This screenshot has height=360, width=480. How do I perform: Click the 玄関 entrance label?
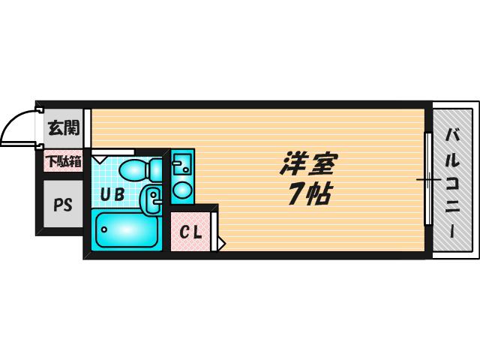point(64,128)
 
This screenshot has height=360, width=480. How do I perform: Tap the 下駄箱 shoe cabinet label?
point(64,161)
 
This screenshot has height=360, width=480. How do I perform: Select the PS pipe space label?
point(63,205)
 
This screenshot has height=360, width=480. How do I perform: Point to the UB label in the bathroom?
point(112,194)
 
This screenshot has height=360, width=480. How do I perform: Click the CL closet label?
point(190,232)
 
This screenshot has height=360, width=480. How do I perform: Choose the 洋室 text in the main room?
point(308,163)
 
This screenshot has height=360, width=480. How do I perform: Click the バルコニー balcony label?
point(452,183)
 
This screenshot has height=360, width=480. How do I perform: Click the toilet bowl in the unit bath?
point(140,169)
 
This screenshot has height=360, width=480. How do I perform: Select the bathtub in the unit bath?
point(127,229)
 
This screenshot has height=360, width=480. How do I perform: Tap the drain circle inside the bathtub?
point(104,229)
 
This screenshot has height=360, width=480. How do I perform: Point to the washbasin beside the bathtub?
point(151,201)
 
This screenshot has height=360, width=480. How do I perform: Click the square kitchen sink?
point(181,163)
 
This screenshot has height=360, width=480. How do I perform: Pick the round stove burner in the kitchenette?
point(181,190)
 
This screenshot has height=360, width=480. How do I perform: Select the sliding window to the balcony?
point(428,179)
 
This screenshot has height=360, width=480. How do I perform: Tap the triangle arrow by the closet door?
point(221,244)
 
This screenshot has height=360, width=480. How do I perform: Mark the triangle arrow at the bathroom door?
point(99,159)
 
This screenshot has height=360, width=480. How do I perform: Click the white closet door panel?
point(214,231)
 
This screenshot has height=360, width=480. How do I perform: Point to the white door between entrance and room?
point(87,128)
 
